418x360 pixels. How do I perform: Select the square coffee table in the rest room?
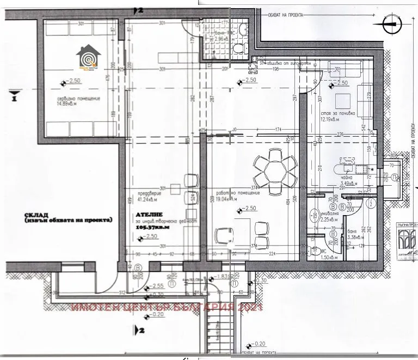pyautogui.click(x=343, y=101)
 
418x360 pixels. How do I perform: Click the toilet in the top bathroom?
pyautogui.click(x=238, y=48)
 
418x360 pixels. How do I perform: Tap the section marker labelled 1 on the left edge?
pyautogui.click(x=11, y=99)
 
